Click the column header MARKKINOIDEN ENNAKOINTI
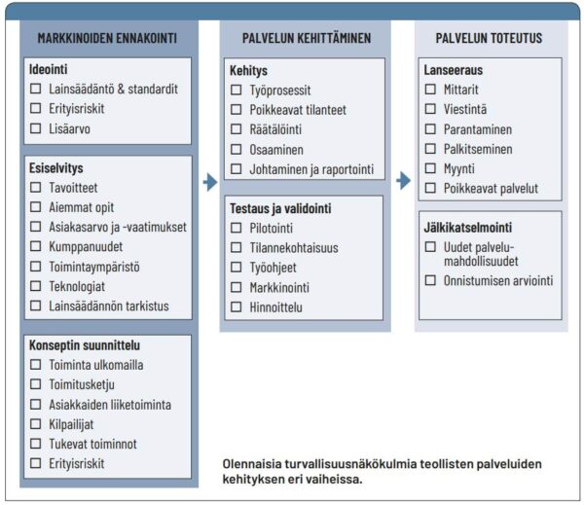tap(107, 38)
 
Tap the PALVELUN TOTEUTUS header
tap(489, 38)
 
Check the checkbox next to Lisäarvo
tap(36, 127)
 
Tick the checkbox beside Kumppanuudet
tap(36, 247)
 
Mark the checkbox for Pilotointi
tap(237, 228)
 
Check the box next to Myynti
tap(431, 168)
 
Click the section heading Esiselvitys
tap(56, 167)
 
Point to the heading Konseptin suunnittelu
tap(87, 344)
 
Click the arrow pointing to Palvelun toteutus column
tap(403, 181)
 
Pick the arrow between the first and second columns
tap(208, 181)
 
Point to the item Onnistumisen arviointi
tap(498, 280)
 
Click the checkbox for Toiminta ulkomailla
tap(36, 365)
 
